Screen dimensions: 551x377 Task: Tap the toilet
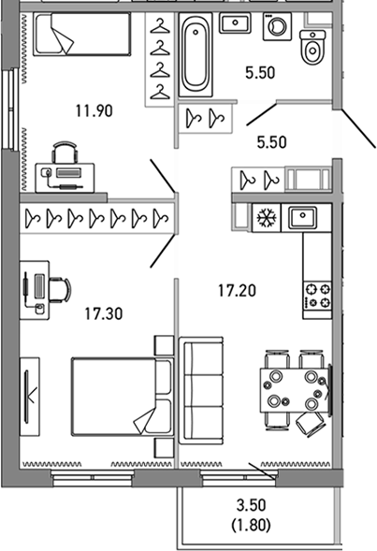312,46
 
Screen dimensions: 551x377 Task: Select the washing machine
278,27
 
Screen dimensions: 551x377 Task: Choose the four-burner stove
314,295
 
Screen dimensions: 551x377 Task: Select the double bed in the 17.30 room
120,395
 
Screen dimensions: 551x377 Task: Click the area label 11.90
94,110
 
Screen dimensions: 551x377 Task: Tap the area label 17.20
236,291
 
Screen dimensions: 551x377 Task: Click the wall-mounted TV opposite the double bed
31,394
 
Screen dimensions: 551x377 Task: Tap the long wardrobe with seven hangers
96,218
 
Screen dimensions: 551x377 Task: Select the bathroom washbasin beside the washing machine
234,22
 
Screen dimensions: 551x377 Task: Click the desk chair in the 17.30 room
59,289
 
